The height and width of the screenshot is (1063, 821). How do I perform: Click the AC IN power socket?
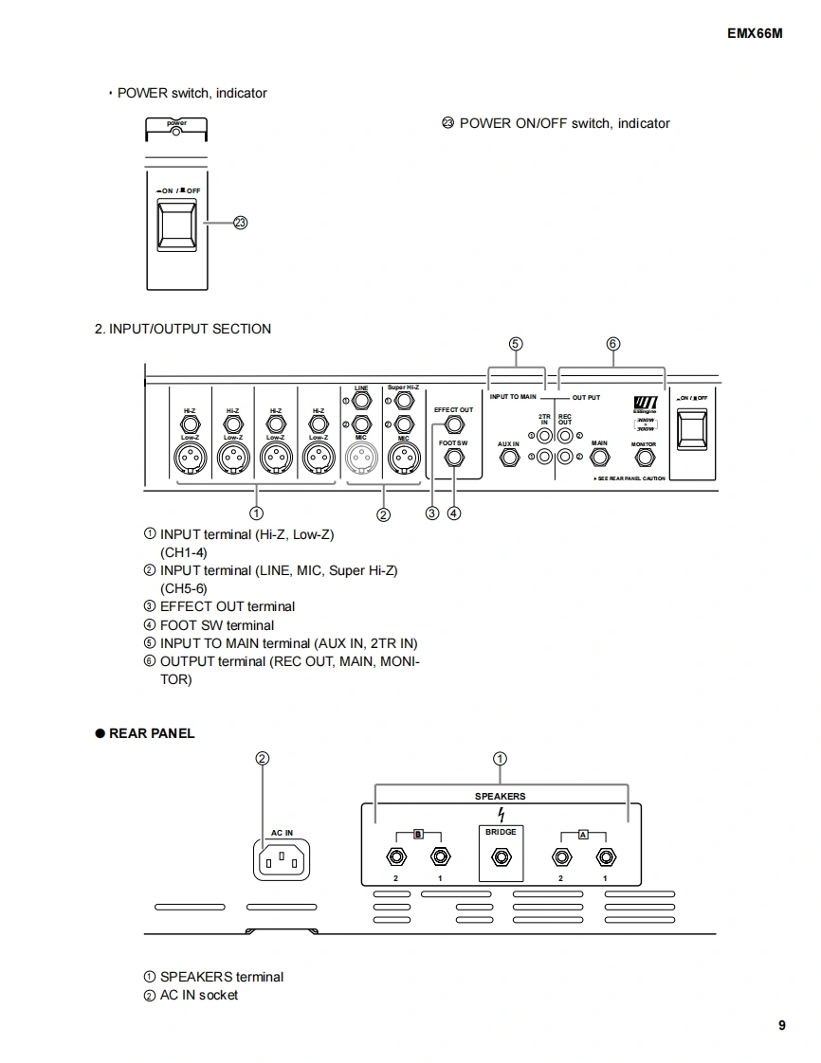(282, 860)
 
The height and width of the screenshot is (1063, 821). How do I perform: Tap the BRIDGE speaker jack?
(501, 858)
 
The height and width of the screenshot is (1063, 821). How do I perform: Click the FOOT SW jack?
(454, 458)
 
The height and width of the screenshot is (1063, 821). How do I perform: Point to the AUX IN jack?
(509, 459)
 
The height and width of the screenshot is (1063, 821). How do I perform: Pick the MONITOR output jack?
(644, 459)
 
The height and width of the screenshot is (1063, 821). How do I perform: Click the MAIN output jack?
(599, 459)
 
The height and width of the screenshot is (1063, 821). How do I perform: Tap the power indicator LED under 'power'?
(176, 132)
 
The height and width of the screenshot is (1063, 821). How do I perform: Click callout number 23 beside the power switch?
(240, 223)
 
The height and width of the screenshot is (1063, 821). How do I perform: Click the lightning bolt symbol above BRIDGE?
(501, 815)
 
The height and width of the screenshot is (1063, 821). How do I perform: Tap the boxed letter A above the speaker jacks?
(583, 834)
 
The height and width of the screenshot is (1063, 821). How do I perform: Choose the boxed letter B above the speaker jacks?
(418, 834)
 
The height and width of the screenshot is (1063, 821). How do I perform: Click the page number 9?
(782, 1025)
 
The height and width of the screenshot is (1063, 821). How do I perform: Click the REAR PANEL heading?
(152, 733)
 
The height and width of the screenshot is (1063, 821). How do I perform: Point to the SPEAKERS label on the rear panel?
(500, 797)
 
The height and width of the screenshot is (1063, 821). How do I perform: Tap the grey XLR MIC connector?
(361, 459)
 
